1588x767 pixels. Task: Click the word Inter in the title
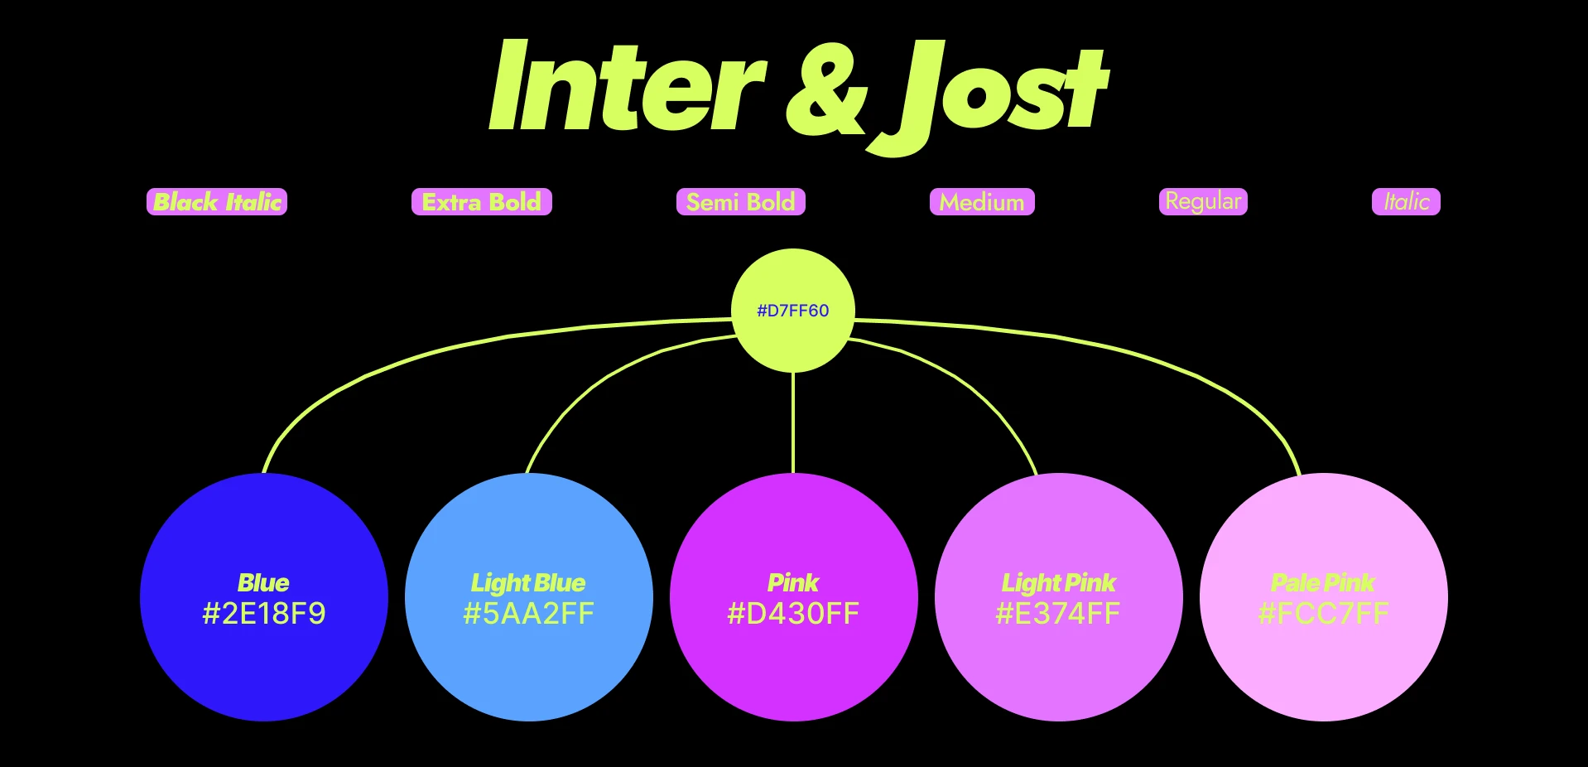pos(627,88)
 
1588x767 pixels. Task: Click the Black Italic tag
pos(217,202)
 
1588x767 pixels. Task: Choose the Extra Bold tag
pos(481,202)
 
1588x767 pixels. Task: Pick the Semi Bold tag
pos(740,202)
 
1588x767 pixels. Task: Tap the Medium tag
pos(982,202)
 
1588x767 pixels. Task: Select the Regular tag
pos(1203,201)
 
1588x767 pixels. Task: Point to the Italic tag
pos(1406,202)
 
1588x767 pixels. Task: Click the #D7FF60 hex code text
pos(792,311)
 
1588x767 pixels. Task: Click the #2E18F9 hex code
pos(264,614)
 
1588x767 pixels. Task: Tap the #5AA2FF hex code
pos(529,614)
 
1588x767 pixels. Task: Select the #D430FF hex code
pos(793,614)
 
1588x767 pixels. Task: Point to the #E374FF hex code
pos(1058,614)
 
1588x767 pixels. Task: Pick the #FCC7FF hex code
pos(1323,614)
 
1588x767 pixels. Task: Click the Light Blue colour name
pos(528,583)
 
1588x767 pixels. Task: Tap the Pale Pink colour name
pos(1323,583)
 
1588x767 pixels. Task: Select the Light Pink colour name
pos(1058,583)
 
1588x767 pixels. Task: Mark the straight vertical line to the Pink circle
pos(793,422)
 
